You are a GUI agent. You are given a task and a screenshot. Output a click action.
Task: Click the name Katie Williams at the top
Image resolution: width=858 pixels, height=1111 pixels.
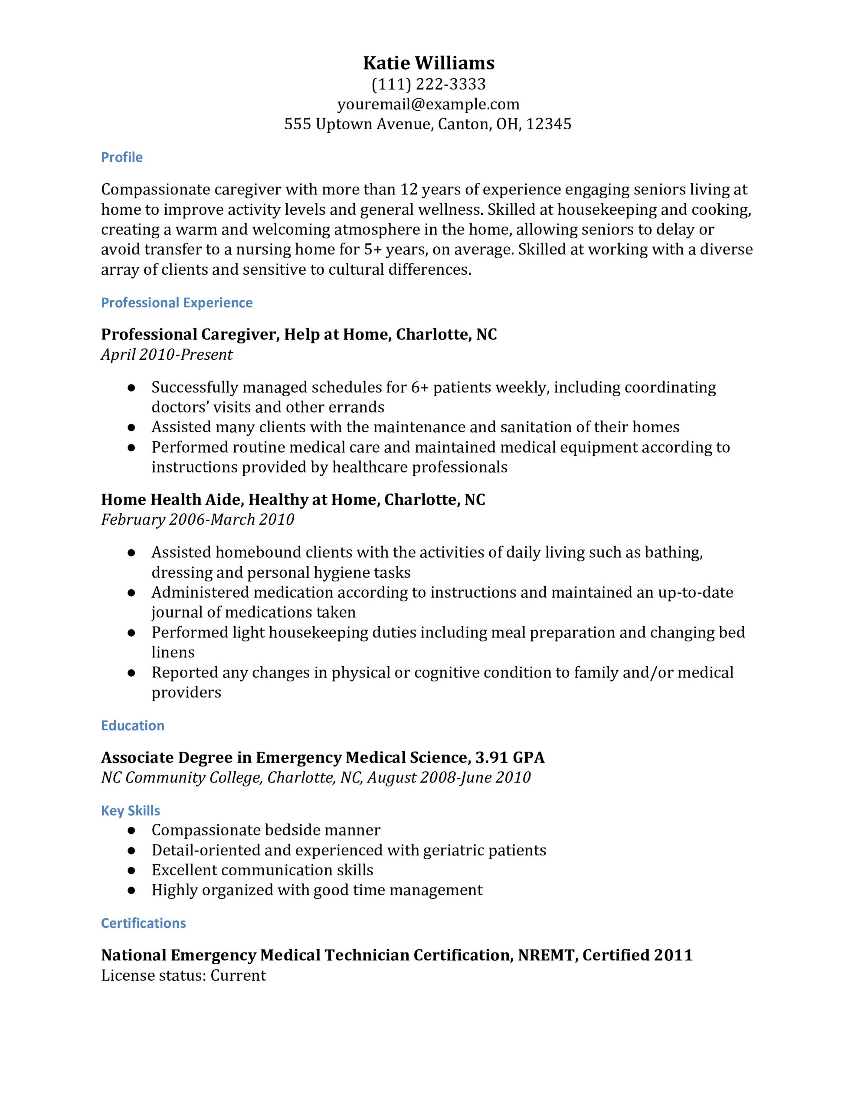428,63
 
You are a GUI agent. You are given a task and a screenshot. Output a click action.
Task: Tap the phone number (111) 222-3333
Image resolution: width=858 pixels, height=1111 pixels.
428,84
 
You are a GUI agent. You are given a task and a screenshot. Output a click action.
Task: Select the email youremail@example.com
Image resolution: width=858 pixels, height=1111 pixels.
428,104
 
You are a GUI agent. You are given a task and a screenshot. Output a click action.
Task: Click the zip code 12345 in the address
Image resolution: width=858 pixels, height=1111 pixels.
549,124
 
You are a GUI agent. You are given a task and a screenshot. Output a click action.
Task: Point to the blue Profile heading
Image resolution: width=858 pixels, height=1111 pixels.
121,157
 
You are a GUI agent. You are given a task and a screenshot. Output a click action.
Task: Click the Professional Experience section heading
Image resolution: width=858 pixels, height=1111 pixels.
177,302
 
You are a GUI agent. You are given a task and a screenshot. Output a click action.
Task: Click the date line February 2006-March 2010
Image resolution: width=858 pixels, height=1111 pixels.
197,519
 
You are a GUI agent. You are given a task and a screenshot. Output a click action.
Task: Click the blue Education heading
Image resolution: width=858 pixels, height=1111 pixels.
132,726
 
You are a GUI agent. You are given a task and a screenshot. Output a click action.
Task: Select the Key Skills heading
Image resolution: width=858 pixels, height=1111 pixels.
130,811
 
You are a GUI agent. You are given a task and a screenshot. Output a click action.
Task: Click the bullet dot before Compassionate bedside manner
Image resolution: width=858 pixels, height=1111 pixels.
131,831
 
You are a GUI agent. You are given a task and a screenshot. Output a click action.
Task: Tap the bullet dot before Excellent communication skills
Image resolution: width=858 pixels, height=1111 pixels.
131,871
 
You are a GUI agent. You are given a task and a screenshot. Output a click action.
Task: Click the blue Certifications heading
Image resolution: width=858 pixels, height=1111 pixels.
144,923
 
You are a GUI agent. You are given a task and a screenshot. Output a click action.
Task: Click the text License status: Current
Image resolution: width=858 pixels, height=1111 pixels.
183,976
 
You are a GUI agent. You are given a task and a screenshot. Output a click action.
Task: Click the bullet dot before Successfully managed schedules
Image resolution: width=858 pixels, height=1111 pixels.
131,388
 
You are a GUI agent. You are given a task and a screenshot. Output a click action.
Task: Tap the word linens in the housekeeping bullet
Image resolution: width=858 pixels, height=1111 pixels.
173,653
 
